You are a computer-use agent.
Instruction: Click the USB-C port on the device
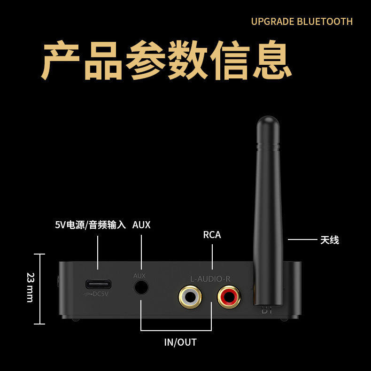coord(98,284)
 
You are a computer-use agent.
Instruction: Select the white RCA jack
coord(190,297)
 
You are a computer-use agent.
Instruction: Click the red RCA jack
coord(229,297)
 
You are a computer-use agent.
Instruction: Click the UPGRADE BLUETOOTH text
coord(301,22)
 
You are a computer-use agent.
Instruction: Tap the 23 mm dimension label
coord(30,287)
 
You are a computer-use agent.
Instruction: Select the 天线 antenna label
coord(329,240)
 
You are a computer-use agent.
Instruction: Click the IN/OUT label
coord(180,342)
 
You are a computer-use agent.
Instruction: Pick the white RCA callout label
coord(212,234)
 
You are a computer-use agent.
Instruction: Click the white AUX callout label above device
coord(141,225)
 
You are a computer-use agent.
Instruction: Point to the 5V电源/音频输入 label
coord(90,225)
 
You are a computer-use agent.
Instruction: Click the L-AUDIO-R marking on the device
coord(210,278)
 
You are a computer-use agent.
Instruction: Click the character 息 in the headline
coord(273,61)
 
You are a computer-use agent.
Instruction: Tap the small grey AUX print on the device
coord(139,276)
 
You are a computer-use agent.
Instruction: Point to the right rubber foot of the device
coord(284,319)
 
